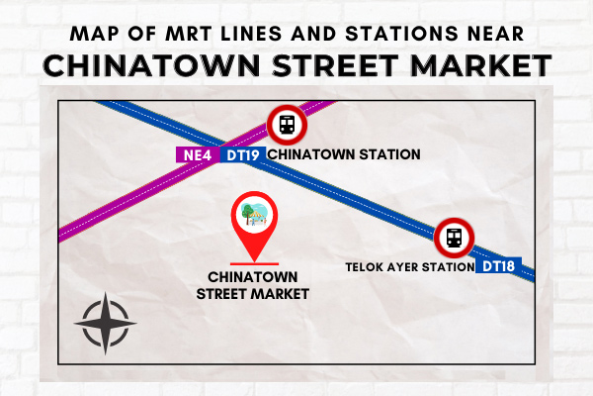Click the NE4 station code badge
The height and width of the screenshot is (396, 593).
tap(198, 154)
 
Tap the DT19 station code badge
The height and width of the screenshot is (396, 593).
tap(243, 154)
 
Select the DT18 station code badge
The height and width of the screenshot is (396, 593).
tap(498, 266)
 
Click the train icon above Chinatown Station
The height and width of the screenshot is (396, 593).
tap(287, 125)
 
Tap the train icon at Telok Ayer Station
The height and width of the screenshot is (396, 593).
tap(454, 238)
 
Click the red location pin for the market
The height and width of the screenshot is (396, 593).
tap(255, 225)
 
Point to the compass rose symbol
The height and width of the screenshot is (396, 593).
tap(105, 324)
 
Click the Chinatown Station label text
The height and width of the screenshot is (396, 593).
tap(344, 154)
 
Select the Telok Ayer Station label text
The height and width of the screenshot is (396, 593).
tap(410, 266)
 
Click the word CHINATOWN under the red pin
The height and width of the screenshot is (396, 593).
tap(253, 277)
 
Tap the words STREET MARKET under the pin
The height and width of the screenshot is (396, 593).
tap(253, 294)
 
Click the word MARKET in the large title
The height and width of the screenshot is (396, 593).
tap(481, 65)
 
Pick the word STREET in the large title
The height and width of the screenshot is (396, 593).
tap(335, 65)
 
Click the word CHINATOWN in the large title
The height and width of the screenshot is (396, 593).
tap(151, 65)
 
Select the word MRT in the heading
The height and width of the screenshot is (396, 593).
tap(189, 34)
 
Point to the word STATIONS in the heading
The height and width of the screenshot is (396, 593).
tap(401, 34)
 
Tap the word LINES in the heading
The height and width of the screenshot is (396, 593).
tap(251, 34)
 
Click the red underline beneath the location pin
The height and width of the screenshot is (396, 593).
tap(255, 263)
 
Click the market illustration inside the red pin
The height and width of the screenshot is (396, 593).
tap(255, 214)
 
